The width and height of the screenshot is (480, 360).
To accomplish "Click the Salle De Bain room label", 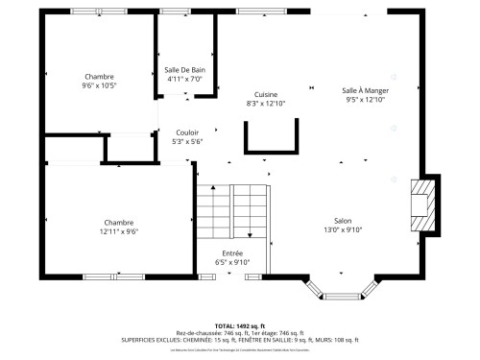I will point(184,70).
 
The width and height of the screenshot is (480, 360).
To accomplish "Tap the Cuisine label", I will point(266,94).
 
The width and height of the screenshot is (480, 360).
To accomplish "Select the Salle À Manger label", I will point(365,90).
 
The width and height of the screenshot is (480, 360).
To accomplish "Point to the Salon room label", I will point(343,221).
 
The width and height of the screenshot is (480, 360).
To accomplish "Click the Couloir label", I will point(187,132).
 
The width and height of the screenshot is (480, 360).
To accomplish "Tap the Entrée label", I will point(232,252).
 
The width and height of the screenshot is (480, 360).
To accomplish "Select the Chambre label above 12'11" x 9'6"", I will point(119,222).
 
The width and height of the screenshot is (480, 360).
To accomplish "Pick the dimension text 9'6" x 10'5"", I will point(99,85).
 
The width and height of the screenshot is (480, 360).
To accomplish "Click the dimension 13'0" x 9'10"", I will point(343,230).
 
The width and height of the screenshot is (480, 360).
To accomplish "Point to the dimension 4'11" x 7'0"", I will point(184,80).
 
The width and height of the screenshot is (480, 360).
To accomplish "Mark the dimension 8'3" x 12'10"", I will point(266,103).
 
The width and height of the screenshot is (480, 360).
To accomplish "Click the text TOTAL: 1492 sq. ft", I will point(240,326).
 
